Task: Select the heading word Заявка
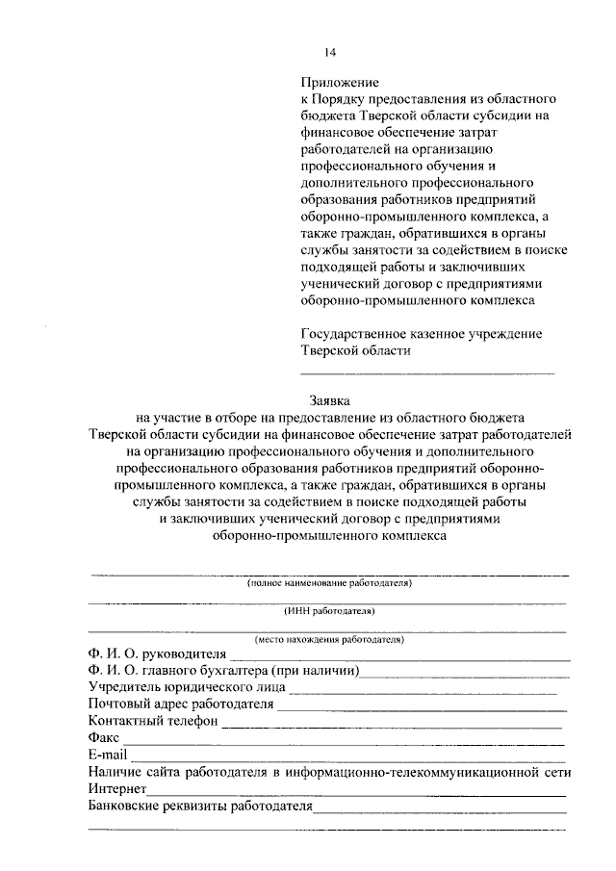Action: pos(329,400)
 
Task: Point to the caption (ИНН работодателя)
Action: pos(328,611)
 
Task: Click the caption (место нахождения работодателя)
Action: pos(328,639)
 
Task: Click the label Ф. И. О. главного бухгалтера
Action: pos(222,671)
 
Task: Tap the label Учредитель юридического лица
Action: pos(185,687)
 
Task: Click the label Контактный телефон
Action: pos(152,721)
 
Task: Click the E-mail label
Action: pos(106,755)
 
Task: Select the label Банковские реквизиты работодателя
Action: pos(199,806)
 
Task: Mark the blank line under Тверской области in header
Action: pos(427,371)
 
